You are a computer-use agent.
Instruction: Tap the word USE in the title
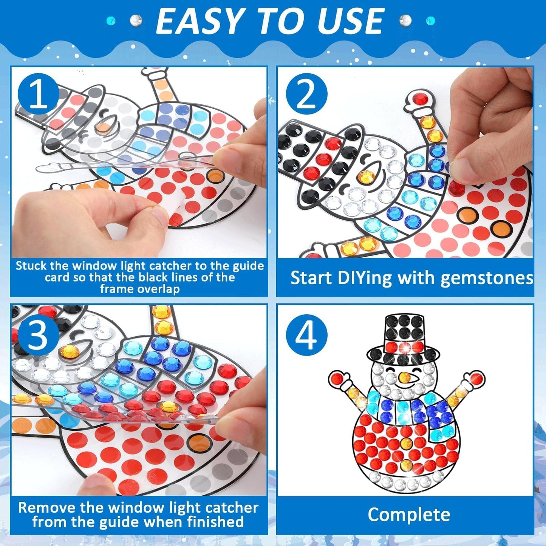(x=351, y=21)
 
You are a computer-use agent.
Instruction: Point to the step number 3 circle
(x=38, y=335)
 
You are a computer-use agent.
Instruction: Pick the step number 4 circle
(x=306, y=335)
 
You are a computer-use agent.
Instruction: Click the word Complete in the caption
(x=409, y=515)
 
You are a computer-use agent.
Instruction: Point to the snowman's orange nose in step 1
(x=102, y=128)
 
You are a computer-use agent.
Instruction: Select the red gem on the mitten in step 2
(x=419, y=99)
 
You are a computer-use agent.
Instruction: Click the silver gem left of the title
(x=136, y=20)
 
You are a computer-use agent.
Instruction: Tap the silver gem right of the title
(x=405, y=20)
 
